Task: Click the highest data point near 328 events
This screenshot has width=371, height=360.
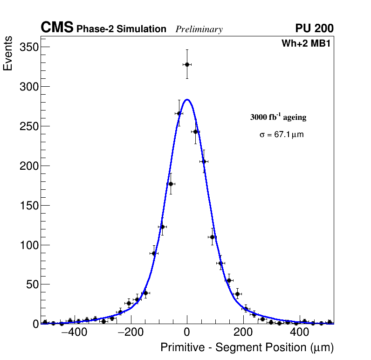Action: point(187,64)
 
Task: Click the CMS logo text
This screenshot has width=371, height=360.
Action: point(57,28)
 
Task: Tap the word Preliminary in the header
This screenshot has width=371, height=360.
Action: point(199,29)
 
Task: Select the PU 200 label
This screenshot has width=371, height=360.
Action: point(314,28)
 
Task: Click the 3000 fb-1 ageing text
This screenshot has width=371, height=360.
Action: point(278,117)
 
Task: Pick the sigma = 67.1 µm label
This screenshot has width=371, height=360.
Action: point(282,135)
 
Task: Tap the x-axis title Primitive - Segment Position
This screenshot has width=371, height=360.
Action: point(247,347)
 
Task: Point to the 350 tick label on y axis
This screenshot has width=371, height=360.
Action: point(28,47)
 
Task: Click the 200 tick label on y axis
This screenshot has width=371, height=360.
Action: point(28,166)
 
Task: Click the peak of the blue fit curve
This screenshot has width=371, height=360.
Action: point(187,99)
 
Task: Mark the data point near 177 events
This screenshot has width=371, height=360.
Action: point(171,184)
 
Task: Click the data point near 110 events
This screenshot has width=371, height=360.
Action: point(213,237)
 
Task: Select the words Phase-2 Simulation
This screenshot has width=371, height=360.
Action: point(121,29)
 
